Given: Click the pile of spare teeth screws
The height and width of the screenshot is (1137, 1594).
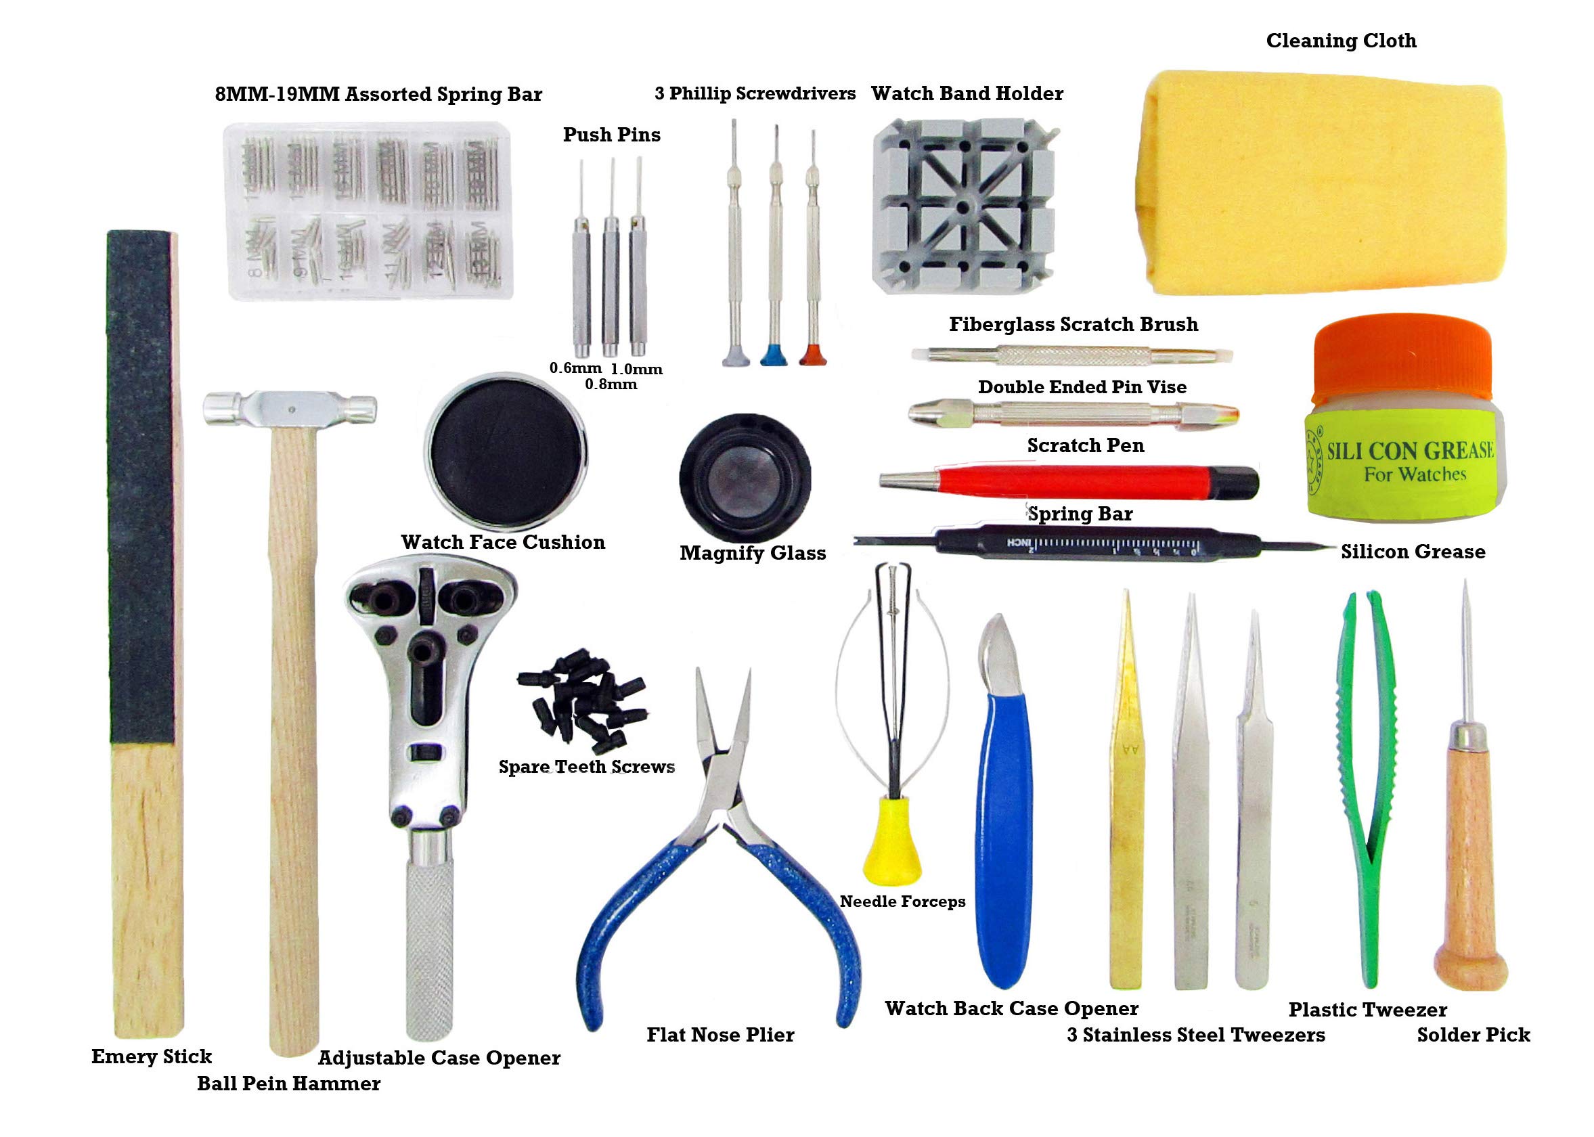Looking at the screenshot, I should (x=581, y=700).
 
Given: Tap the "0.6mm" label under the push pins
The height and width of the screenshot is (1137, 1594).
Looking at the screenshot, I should (x=575, y=368).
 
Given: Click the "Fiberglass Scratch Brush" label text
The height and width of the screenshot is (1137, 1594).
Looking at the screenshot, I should (x=1073, y=324).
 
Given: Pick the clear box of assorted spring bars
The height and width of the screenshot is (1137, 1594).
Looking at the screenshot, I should (x=368, y=210).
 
